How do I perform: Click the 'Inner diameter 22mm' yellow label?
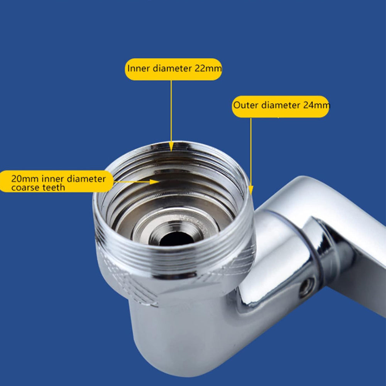pos(174,69)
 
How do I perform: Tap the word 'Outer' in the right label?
pos(246,105)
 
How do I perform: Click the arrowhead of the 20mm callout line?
pos(156,181)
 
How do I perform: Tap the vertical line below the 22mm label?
pos(171,112)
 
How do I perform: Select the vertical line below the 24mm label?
pos(251,151)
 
